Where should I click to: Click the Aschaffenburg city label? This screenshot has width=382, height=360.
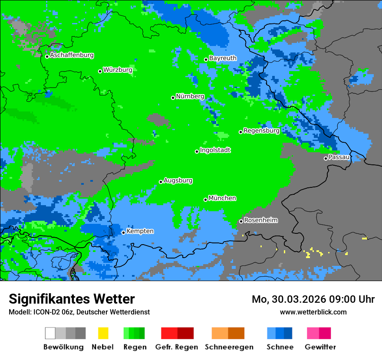72,56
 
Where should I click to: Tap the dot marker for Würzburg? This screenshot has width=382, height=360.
100,71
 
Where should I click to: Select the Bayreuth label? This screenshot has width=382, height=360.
223,58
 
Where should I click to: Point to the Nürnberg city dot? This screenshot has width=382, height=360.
173,98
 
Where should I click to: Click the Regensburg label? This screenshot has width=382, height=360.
261,131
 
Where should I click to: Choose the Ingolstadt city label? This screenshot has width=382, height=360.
215,150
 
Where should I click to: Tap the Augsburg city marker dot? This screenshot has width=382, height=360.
161,182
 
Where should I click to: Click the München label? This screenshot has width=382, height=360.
222,198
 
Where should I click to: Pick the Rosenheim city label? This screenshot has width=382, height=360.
260,220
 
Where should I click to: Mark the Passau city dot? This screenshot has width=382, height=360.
326,158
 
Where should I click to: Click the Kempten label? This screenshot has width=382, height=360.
140,231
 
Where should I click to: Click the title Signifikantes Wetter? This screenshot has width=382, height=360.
72,299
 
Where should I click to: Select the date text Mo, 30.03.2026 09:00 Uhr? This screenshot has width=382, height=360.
313,299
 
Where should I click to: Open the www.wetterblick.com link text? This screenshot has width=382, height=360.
313,312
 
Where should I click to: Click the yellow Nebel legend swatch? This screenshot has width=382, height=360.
103,333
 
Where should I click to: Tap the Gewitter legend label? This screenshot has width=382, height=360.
320,347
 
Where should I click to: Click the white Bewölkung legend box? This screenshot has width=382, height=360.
50,333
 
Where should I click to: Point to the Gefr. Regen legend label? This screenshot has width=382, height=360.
176,347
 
